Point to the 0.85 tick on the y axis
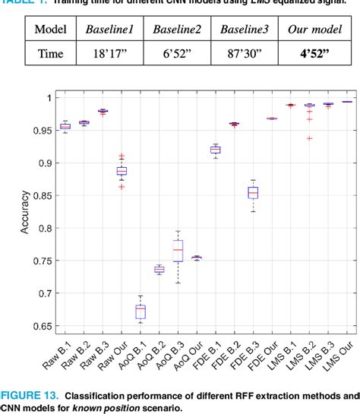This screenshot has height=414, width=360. [x=42, y=195]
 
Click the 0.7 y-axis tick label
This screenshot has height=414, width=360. [x=45, y=293]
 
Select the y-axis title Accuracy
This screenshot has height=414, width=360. [x=26, y=212]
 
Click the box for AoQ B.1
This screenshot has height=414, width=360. [x=140, y=311]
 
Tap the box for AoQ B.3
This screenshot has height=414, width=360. [x=178, y=249]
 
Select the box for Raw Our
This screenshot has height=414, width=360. [x=121, y=171]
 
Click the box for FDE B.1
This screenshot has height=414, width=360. [x=215, y=150]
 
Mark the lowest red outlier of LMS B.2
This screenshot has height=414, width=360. [x=309, y=138]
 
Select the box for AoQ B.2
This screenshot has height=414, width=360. [x=159, y=270]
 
